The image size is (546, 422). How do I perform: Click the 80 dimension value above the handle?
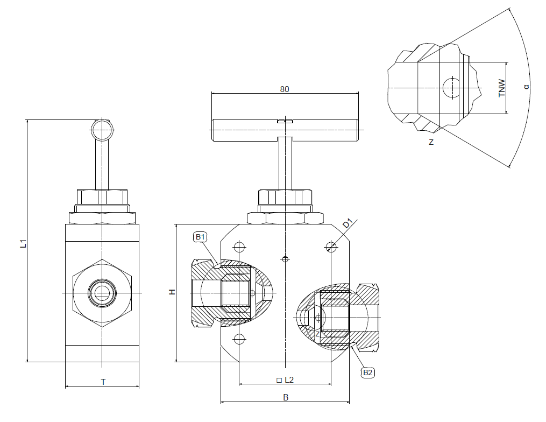coord(285,89)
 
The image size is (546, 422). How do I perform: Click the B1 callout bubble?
coord(201,237)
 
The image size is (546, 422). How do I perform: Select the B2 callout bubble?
coord(368,372)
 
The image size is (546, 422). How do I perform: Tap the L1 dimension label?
coord(23,244)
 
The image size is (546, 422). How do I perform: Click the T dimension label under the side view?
coord(103,382)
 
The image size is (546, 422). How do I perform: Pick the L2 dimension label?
coord(285,379)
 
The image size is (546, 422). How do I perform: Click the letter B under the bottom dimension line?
coord(286,398)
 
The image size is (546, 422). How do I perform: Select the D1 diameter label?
coord(348,223)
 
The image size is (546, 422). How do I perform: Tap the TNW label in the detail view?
coord(502,88)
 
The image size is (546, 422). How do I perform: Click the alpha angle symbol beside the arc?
coord(527,86)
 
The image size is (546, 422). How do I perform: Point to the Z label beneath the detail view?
coord(431,143)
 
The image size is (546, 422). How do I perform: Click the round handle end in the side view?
coord(102,130)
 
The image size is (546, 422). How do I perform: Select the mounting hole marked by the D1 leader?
coord(331,247)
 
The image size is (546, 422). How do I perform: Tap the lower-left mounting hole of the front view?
coord(239,339)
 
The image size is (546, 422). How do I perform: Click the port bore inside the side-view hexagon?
coord(102,292)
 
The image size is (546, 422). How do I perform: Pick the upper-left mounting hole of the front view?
coord(239,247)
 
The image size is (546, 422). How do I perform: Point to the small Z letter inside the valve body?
coord(318,334)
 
